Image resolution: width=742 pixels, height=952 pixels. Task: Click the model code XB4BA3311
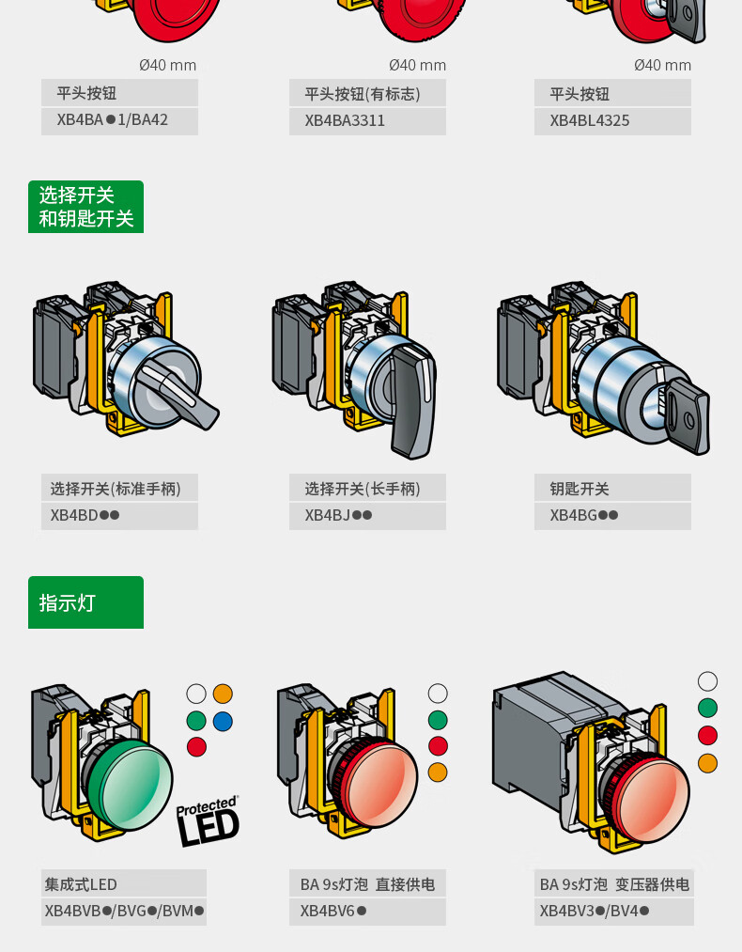[345, 120]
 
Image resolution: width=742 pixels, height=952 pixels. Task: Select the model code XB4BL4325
[590, 120]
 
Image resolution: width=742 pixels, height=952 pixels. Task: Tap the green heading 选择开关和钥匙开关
[85, 207]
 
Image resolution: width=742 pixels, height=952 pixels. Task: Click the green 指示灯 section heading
[85, 602]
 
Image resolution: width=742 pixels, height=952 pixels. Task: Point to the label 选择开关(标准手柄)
[116, 489]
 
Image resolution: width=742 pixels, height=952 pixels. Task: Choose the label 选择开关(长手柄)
[363, 489]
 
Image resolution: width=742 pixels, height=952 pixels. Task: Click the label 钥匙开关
[580, 489]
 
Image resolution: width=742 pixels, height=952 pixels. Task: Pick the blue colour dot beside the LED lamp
[223, 722]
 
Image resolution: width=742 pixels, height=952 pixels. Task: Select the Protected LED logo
[208, 820]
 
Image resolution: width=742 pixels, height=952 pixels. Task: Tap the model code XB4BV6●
[333, 911]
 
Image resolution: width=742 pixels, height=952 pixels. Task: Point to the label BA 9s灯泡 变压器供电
[614, 884]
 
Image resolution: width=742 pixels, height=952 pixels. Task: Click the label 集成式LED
[81, 884]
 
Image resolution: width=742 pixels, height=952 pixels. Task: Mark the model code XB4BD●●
[85, 515]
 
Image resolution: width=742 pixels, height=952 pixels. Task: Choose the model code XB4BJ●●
[338, 515]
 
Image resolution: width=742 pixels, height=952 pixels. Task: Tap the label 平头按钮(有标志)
[363, 93]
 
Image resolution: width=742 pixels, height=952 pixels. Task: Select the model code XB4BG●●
[583, 515]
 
